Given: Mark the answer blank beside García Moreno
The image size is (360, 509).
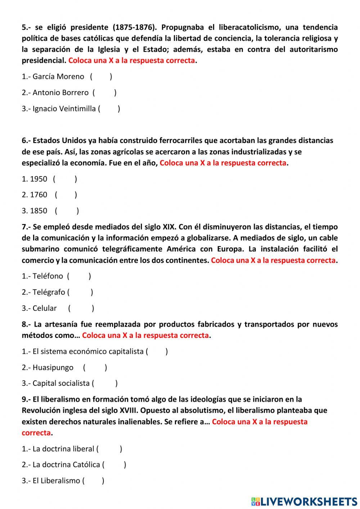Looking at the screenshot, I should coord(101,76).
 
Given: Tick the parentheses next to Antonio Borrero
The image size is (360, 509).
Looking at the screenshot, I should coord(104,93).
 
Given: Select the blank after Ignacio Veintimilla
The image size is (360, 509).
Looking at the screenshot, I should coord(109,109).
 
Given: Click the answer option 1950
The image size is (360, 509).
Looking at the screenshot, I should coord(39,179).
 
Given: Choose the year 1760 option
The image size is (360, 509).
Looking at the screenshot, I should coord(39,195).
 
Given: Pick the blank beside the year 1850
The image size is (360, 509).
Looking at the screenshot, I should coord(67,211).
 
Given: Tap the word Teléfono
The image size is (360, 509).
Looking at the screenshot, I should coord(48,276).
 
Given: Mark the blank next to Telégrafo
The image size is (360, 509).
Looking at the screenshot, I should coord(80,292).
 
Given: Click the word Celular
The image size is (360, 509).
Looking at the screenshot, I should coord(44,308).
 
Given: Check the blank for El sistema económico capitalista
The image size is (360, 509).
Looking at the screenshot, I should coord(157,352).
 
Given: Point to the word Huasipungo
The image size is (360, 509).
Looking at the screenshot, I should coord(53,367).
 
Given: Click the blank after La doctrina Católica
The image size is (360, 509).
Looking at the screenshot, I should coord(114,465).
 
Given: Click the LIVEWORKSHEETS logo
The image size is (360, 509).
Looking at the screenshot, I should coord(304,501).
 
